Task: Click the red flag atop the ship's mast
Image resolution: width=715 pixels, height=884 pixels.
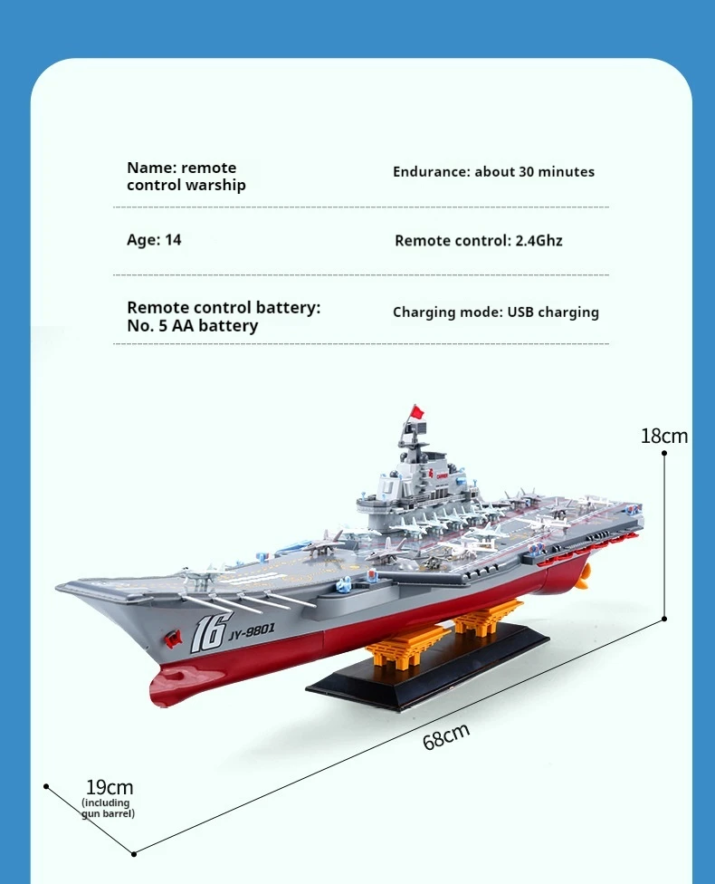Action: (416, 412)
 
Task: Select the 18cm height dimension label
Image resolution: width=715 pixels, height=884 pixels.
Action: (663, 436)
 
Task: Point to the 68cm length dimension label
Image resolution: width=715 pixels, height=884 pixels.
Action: (446, 736)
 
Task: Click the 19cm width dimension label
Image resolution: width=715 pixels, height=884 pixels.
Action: (110, 787)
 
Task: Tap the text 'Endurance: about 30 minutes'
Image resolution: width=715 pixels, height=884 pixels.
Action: (493, 171)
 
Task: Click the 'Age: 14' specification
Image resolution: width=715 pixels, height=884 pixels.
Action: (154, 240)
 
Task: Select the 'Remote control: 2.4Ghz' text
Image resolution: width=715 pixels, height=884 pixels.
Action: (478, 241)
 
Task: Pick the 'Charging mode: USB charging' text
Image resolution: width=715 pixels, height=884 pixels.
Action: (495, 312)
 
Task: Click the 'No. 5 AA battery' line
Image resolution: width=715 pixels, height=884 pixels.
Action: (192, 326)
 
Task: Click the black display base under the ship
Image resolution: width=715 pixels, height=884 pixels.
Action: (425, 675)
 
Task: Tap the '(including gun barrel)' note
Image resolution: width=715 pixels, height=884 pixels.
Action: (108, 808)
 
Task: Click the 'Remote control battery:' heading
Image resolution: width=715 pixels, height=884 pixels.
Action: (224, 308)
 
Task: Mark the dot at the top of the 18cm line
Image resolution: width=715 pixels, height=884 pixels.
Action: (664, 452)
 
